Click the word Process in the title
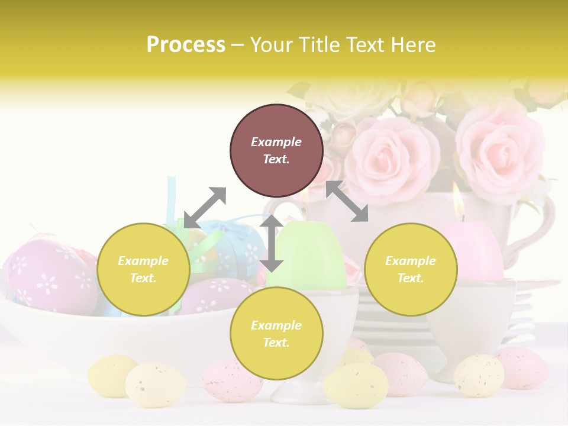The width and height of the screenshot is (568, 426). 186,44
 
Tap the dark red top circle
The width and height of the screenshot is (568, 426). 276,151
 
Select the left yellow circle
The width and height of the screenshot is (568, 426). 143,269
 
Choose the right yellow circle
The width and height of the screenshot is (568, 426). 411,269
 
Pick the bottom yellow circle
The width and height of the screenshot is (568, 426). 276,333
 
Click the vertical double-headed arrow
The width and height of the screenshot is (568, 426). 272,243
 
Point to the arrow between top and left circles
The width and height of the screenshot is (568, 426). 205,208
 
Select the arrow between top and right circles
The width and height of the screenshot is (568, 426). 347,201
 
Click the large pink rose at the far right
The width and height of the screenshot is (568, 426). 500,148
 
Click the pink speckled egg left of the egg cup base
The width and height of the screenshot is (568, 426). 232,380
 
